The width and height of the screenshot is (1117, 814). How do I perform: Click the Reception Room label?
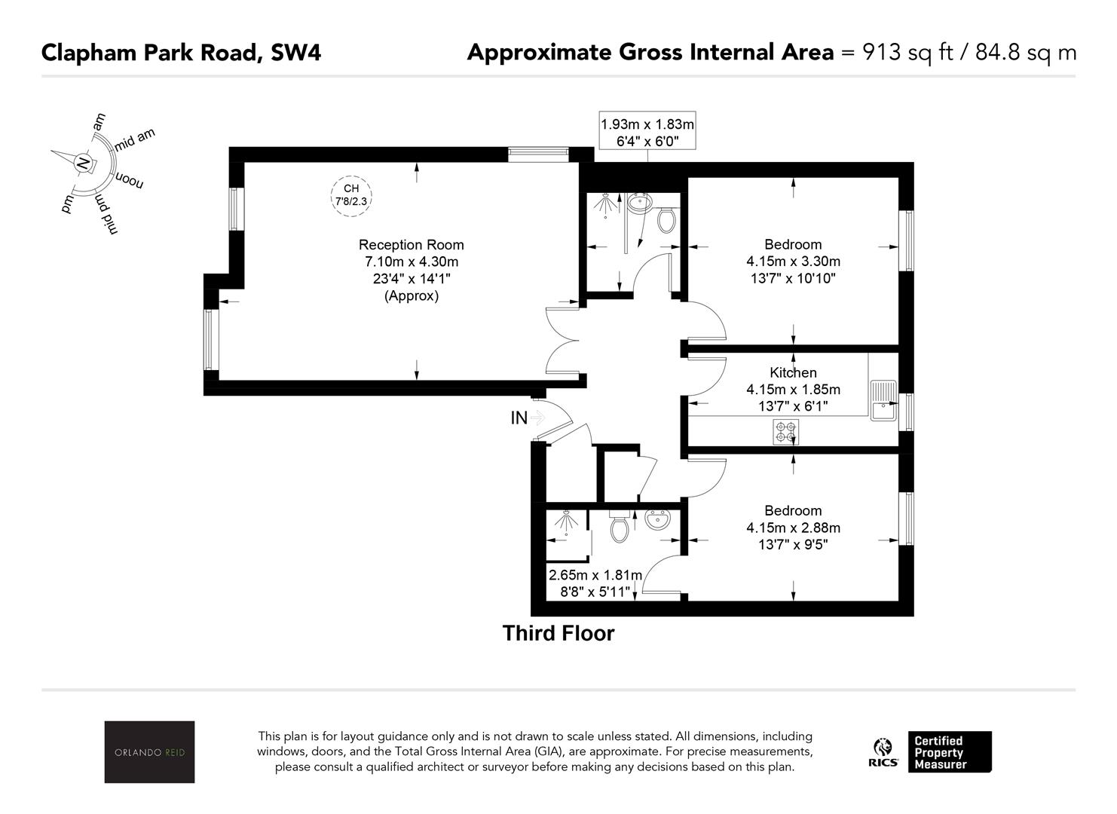(411, 245)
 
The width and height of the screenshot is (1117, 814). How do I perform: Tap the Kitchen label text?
(793, 372)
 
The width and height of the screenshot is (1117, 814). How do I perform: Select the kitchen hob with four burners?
(785, 432)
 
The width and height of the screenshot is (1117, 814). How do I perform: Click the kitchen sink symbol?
(883, 401)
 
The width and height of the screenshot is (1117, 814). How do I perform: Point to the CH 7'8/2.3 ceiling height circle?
(351, 196)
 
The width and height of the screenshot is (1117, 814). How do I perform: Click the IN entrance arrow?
(537, 417)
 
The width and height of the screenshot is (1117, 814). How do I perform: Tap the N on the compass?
(84, 164)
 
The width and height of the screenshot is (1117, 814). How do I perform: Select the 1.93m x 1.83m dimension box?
(647, 130)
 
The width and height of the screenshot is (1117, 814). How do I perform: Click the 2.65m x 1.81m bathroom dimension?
(595, 575)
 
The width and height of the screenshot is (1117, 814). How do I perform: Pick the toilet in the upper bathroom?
(666, 219)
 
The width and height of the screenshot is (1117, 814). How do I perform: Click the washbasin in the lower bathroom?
(658, 520)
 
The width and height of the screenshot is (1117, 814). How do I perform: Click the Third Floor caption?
(558, 633)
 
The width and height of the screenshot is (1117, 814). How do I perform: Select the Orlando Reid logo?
(149, 751)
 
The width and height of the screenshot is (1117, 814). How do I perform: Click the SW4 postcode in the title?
(295, 53)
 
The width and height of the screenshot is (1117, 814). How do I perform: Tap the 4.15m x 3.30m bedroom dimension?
(793, 262)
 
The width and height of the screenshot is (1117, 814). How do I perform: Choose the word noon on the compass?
(130, 181)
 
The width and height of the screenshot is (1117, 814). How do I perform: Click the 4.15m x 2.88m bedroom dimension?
(793, 528)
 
